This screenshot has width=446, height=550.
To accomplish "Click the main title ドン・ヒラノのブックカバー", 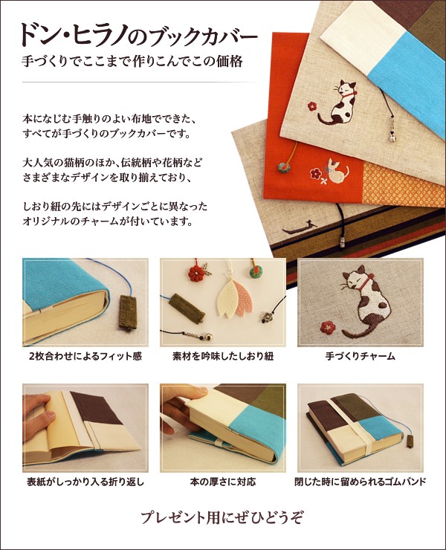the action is pos(139,36).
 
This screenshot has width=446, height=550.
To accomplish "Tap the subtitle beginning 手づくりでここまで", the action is pos(132,62).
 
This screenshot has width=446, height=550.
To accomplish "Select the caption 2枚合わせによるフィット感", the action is pos(85,356).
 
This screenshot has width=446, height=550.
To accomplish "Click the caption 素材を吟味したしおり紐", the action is pos(223,356).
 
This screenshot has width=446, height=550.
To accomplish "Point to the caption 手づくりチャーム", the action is pos(361,356).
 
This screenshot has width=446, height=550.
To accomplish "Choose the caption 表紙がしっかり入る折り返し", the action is pos(85,482).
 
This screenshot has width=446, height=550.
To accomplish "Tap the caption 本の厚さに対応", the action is pos(223,482).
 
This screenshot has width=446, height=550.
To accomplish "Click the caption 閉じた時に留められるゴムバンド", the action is pos(361,482).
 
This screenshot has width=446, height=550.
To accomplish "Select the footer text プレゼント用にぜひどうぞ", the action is pos(222,518).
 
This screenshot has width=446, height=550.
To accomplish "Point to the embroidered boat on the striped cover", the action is pos(300,228).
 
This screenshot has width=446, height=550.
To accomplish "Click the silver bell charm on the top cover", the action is pos(392,138).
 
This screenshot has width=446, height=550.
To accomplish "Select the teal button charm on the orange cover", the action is pos(282,167).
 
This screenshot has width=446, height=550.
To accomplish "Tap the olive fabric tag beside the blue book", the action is pos(127,313).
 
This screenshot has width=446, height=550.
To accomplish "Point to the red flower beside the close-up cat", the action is pos(328,327).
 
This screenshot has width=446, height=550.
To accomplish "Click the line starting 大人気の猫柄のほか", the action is pos(113,163).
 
